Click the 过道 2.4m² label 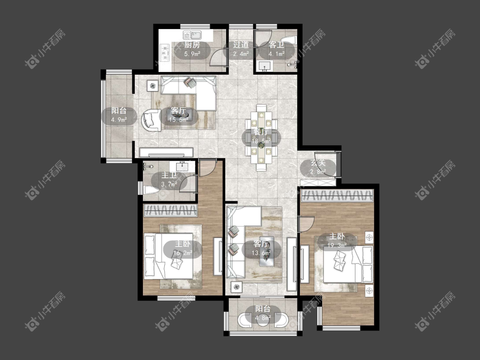coord(241,49)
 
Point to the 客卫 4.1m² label coord(277,49)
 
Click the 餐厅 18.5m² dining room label coord(261,136)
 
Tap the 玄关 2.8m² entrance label coord(318,167)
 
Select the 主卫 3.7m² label coord(169,180)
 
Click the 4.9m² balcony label coord(119,115)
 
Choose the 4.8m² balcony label coord(263,313)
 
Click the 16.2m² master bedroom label coord(183,249)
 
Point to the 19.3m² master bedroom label coord(337,241)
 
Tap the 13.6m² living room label coord(261,249)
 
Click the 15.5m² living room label coord(179,115)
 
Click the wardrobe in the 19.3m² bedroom coord(337,196)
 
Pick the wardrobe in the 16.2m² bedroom coord(171,210)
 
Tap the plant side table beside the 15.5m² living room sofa coord(153,85)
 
